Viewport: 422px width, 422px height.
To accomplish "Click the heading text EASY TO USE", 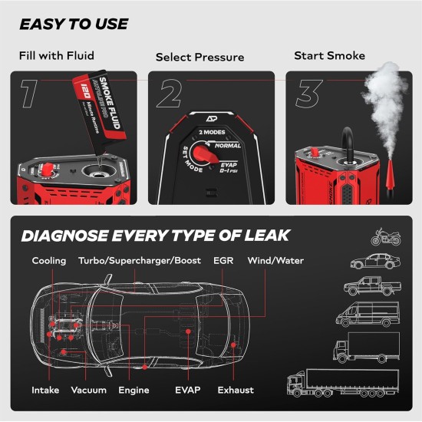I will pyautogui.click(x=74, y=24).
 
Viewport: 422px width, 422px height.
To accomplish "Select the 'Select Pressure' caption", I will pyautogui.click(x=199, y=58).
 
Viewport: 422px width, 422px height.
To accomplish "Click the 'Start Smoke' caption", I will pyautogui.click(x=330, y=56).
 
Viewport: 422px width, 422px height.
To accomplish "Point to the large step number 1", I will pyautogui.click(x=30, y=93).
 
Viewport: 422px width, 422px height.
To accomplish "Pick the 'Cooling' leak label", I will pyautogui.click(x=48, y=261).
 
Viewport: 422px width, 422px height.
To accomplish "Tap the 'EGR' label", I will pyautogui.click(x=223, y=261).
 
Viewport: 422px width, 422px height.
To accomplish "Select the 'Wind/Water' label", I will pyautogui.click(x=275, y=261).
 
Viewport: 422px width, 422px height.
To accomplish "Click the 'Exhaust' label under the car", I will pyautogui.click(x=235, y=390).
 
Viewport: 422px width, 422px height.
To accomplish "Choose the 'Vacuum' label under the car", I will pyautogui.click(x=88, y=390).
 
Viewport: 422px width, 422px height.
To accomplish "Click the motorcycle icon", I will pyautogui.click(x=386, y=236).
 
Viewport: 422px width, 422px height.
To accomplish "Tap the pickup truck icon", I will pyautogui.click(x=372, y=287).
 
